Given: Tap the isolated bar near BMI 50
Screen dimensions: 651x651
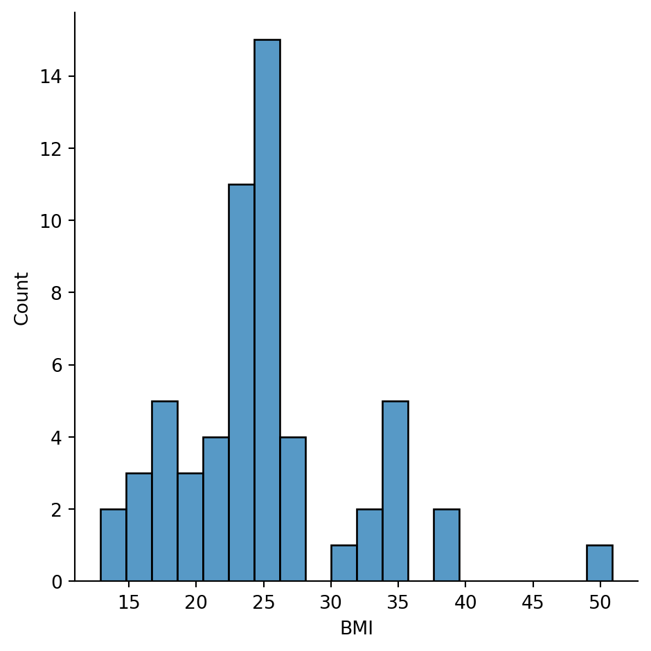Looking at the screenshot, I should click(x=600, y=563).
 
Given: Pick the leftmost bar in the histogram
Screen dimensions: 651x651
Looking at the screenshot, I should click(x=114, y=545).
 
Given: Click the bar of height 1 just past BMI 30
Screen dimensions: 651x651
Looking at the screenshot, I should click(x=344, y=563).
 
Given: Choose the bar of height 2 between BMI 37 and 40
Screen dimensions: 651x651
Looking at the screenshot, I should click(x=447, y=545).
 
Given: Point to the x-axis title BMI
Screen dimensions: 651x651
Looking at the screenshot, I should click(x=357, y=628).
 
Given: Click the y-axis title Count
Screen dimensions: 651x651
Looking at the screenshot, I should click(x=22, y=298).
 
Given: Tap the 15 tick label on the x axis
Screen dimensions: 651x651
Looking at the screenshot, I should click(x=129, y=603).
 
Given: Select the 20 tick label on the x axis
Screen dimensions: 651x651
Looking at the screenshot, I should click(x=196, y=603).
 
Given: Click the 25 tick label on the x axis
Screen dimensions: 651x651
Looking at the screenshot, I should click(x=263, y=603).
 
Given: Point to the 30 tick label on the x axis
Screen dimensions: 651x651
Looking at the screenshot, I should click(x=331, y=603).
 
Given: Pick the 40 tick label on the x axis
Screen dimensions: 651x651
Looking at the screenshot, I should click(x=465, y=603).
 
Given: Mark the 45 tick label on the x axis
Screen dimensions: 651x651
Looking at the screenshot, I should click(x=533, y=603).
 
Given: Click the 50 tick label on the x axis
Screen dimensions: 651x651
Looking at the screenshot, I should click(x=600, y=603).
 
